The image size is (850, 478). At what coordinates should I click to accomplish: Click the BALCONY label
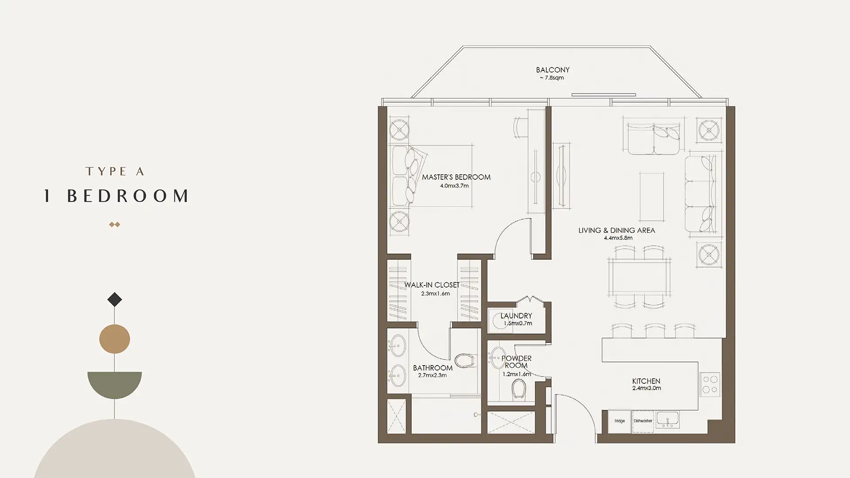(x=552, y=70)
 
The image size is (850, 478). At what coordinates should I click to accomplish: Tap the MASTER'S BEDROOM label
(x=456, y=177)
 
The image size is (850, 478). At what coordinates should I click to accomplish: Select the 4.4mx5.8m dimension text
(x=618, y=238)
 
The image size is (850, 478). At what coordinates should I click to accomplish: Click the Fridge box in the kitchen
(x=619, y=421)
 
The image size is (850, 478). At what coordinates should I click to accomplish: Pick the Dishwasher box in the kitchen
(x=643, y=421)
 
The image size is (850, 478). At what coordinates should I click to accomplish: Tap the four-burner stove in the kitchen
(x=710, y=384)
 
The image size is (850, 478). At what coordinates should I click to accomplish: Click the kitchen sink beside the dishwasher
(x=668, y=419)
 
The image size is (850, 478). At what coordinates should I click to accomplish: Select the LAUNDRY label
(x=516, y=316)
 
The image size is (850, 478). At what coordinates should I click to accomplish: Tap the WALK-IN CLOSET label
(x=432, y=285)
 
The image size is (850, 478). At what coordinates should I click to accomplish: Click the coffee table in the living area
(x=652, y=197)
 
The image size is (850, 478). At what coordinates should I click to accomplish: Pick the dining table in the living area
(x=639, y=278)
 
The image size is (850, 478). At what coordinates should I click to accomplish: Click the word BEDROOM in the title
(x=128, y=196)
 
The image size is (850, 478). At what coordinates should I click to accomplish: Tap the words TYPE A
(x=115, y=171)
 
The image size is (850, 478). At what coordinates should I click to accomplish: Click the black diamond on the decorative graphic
(x=115, y=300)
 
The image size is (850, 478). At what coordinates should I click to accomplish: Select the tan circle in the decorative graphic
(x=115, y=339)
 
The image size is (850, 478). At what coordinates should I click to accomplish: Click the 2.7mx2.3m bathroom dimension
(x=432, y=375)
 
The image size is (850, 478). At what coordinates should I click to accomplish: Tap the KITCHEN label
(x=646, y=381)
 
